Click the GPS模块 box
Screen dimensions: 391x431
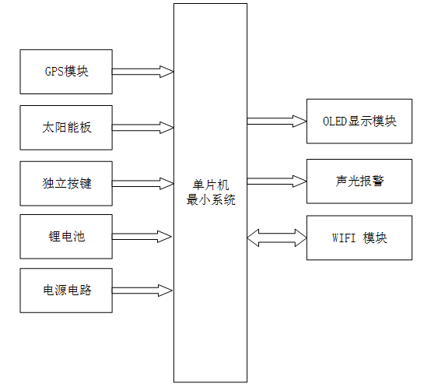[66, 72]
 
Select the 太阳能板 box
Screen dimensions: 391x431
[66, 127]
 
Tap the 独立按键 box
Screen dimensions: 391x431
[66, 184]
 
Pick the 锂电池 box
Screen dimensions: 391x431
[66, 235]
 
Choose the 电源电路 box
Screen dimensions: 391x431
[66, 291]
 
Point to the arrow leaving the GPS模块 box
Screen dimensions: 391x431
[142, 72]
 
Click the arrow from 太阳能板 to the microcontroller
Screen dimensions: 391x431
[142, 127]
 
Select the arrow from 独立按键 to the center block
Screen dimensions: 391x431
[142, 184]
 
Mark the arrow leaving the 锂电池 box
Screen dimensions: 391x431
[142, 235]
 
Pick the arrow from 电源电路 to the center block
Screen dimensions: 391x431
[142, 291]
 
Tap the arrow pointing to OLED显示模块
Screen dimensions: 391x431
[277, 121]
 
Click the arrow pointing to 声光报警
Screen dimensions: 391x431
[277, 181]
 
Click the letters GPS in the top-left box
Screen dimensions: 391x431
[54, 72]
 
